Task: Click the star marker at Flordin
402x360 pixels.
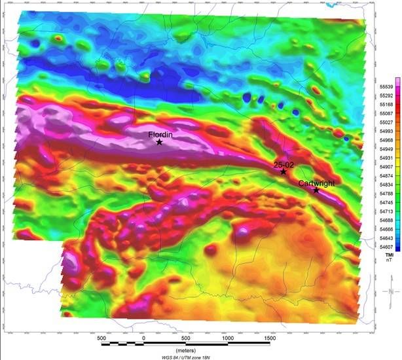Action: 159,142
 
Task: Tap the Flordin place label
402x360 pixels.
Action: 160,134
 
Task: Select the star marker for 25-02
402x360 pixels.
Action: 283,171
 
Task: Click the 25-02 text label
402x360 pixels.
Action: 283,164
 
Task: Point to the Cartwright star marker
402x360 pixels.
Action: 316,190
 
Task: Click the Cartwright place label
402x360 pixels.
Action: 316,184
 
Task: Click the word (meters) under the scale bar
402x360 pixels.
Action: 186,350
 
